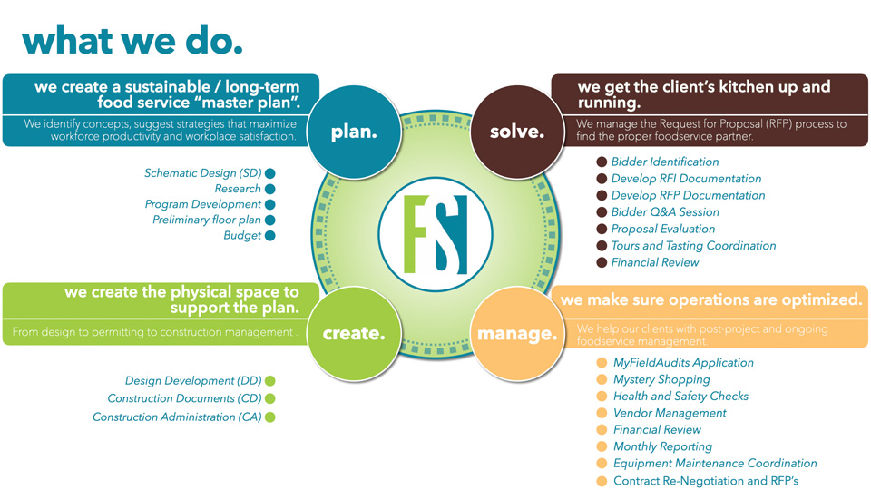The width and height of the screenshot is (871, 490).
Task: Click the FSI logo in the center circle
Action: pyautogui.click(x=435, y=234)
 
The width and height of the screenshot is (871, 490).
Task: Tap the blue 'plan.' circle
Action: pyautogui.click(x=354, y=132)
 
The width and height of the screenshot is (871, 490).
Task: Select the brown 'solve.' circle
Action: pyautogui.click(x=517, y=132)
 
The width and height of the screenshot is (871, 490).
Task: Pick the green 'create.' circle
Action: pyautogui.click(x=354, y=334)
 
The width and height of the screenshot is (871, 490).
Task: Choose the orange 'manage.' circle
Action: pyautogui.click(x=517, y=334)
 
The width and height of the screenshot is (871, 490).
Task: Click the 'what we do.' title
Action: pyautogui.click(x=132, y=40)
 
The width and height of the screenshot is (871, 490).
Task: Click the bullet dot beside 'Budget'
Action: pyautogui.click(x=269, y=236)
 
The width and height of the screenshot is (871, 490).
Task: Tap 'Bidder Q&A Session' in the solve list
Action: pyautogui.click(x=665, y=212)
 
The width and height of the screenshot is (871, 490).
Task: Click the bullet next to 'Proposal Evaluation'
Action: pyautogui.click(x=602, y=230)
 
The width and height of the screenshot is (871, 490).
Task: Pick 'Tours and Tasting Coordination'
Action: pyautogui.click(x=693, y=246)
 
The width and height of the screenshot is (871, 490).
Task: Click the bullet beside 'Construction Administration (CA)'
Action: pyautogui.click(x=269, y=417)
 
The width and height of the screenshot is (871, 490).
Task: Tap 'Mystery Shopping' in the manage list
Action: pyautogui.click(x=661, y=379)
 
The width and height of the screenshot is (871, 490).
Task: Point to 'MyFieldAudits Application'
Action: pyautogui.click(x=683, y=363)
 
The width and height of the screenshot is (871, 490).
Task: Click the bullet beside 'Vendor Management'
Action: pyautogui.click(x=602, y=413)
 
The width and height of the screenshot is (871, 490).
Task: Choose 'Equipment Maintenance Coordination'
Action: pyautogui.click(x=715, y=464)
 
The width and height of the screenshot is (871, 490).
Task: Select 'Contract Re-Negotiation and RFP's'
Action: pyautogui.click(x=706, y=481)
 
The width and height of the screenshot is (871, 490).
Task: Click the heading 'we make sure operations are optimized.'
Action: pyautogui.click(x=710, y=299)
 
